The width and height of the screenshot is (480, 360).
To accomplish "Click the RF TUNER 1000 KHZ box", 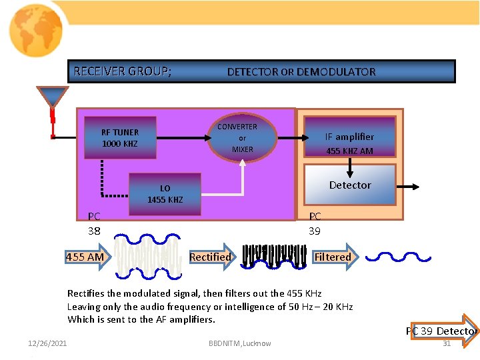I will click(120, 138).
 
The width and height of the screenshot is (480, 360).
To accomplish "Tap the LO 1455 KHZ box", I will click(165, 194).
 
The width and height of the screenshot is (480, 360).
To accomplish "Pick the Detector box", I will click(350, 185).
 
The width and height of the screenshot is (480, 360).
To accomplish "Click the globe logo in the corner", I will click(36, 30).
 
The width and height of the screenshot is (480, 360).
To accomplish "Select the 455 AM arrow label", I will click(85, 257).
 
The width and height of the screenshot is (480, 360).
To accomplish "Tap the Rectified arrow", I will click(210, 257).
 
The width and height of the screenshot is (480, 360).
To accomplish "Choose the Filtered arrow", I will click(333, 257).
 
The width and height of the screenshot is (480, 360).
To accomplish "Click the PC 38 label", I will click(94, 223).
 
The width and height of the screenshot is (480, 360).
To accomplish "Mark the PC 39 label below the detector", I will click(314, 223).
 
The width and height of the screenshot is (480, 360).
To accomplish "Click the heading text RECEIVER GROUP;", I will click(122, 71).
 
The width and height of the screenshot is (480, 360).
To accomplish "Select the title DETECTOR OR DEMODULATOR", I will click(301, 72).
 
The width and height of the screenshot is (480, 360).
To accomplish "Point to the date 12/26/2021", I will click(47, 343).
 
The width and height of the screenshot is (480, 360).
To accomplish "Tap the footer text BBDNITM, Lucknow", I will click(240, 343).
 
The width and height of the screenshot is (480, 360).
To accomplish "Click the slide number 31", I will click(447, 343).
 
